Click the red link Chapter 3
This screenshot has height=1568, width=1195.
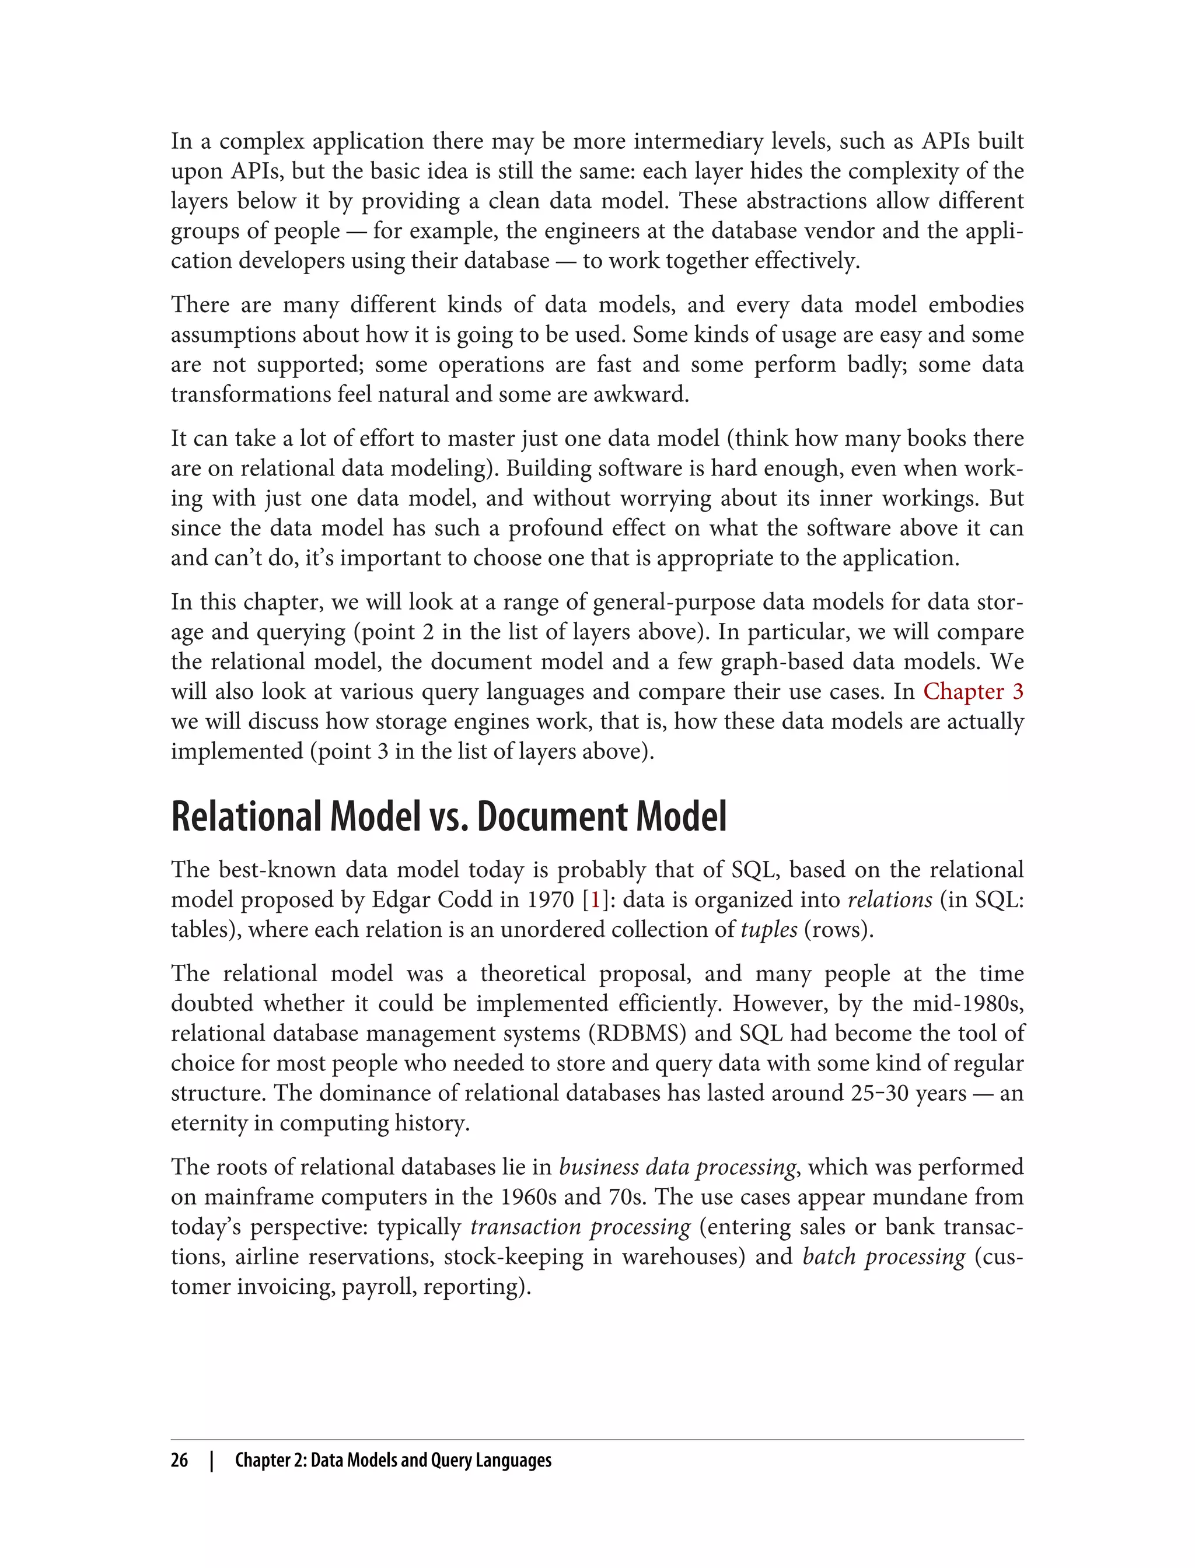pos(973,692)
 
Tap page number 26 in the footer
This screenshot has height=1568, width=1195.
pos(179,1460)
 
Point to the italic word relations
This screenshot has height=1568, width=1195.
pos(890,900)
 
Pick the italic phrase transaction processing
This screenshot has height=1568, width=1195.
pos(580,1227)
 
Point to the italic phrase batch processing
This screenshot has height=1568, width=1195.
pos(883,1257)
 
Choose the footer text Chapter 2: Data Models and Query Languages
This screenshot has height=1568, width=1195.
pos(393,1460)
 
